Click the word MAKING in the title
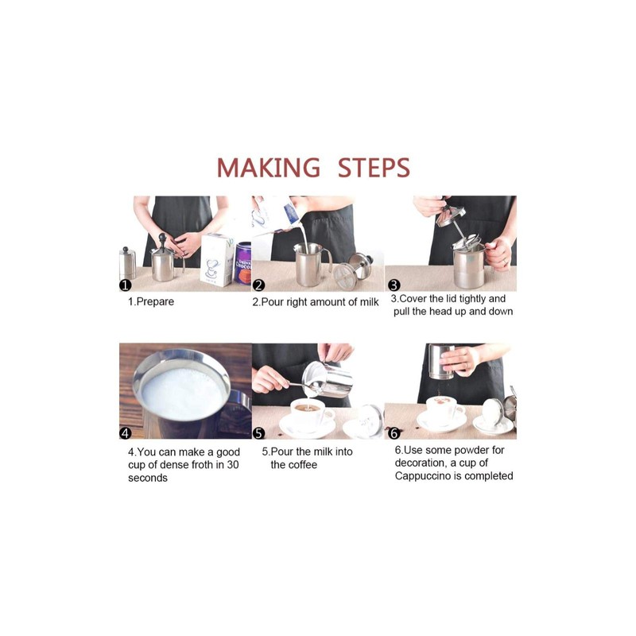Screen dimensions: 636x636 coord(269,168)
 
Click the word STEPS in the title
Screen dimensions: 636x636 coord(374,168)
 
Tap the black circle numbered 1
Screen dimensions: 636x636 coord(126,285)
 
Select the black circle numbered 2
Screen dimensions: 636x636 coord(258,285)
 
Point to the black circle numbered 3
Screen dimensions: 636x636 coord(394,285)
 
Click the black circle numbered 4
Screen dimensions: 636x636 coord(126,432)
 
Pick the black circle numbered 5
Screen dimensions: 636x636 coord(258,433)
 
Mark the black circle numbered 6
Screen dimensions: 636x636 coord(394,433)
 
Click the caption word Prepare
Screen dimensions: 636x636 coord(155,302)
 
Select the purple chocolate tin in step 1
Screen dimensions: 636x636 coord(242,263)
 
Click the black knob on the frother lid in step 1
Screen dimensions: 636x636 coord(162,237)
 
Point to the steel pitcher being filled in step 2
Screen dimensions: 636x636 coord(310,264)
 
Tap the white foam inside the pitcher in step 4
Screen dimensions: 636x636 coord(183,393)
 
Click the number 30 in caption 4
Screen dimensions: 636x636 coord(233,465)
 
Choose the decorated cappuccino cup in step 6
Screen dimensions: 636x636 coord(444,409)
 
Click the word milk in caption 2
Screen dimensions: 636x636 coord(368,302)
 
